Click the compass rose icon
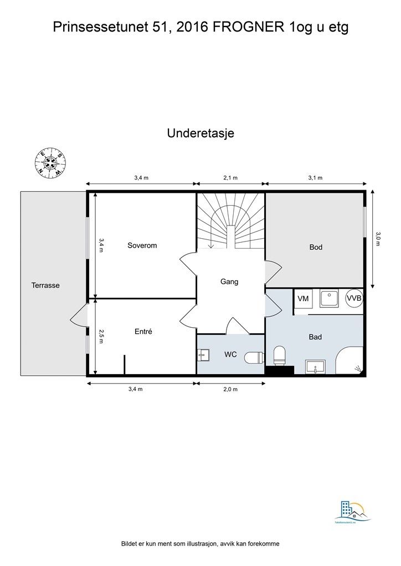coord(50,163)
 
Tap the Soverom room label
coord(142,245)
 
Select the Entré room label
coord(143,332)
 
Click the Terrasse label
coord(45,286)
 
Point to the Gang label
coord(229,281)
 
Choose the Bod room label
coord(316,247)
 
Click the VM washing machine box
coord(303,298)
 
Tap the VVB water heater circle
coord(354,298)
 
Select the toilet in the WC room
coord(255,358)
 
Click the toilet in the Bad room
coord(280,355)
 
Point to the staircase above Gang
coord(230,221)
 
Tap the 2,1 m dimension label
coord(230,178)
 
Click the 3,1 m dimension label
coord(315,178)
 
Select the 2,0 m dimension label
coord(231,389)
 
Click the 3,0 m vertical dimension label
coord(378,239)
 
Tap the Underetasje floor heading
coord(200,134)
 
